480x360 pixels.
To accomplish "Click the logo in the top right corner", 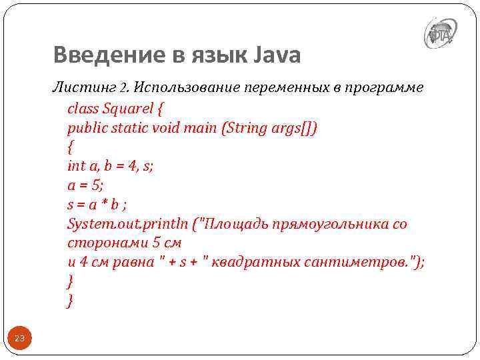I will coord(441,33).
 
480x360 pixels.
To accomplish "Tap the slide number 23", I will coord(19,339).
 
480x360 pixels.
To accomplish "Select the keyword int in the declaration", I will coord(76,166).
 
